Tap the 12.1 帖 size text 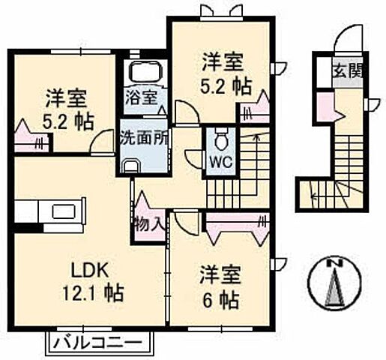click(94, 291)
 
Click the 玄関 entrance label click(347, 73)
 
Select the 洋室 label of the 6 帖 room click(220, 275)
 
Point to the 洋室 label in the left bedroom click(66, 97)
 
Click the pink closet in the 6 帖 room click(238, 221)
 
